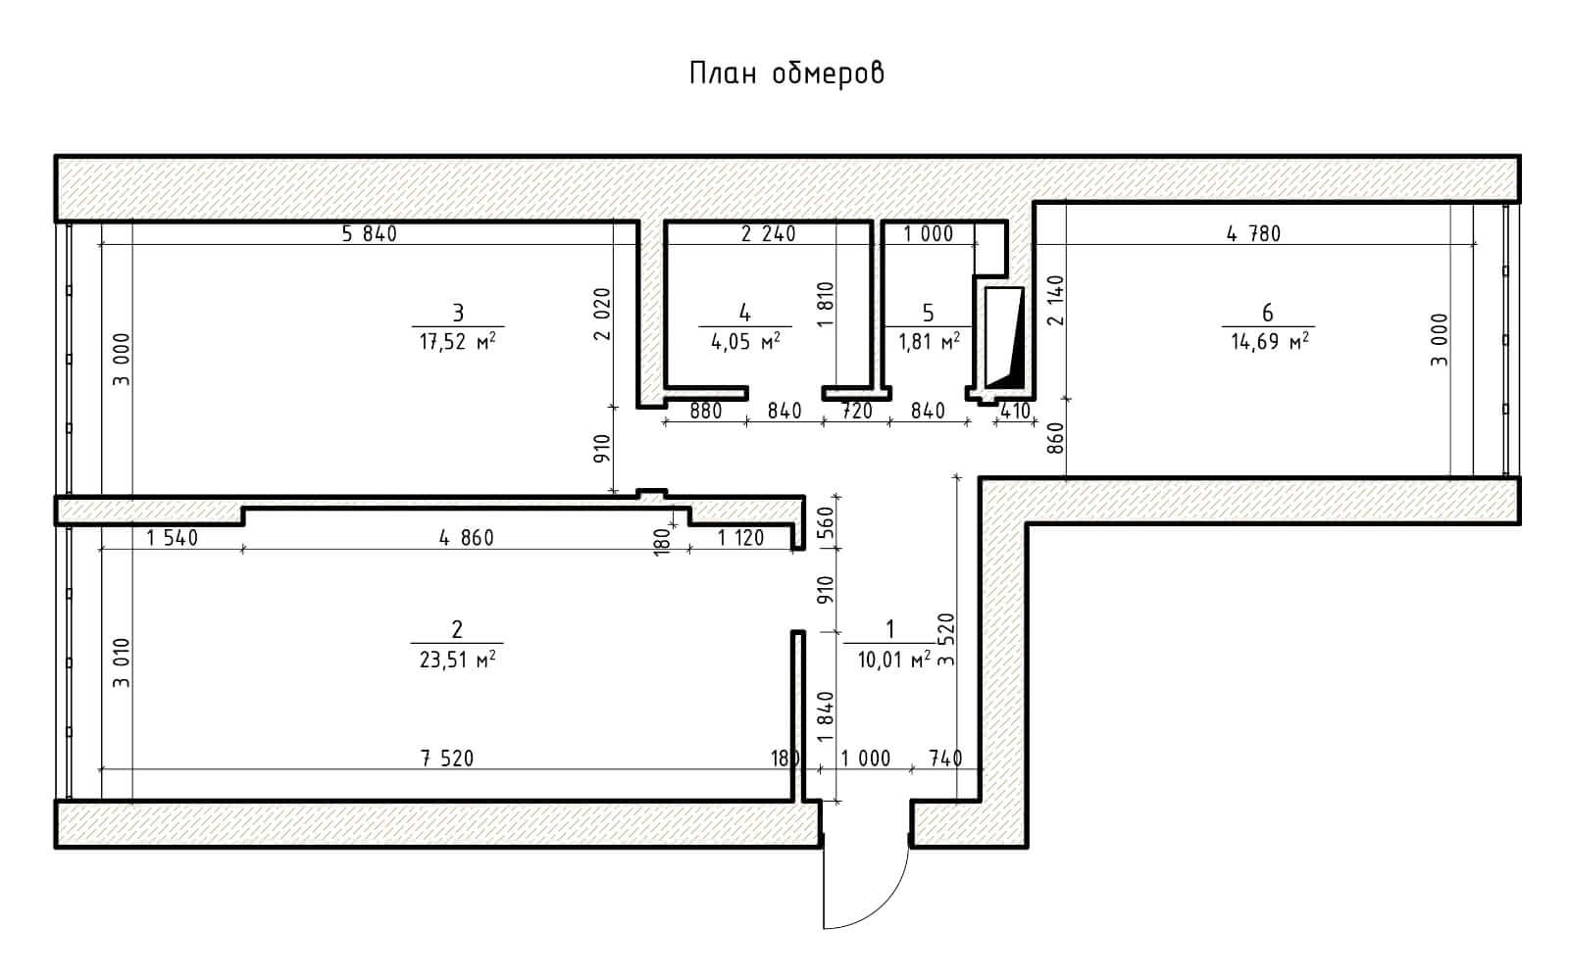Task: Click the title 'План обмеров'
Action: (x=786, y=73)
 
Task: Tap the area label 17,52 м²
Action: (x=457, y=342)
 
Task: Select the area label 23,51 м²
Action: (x=457, y=660)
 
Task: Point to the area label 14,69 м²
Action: (x=1270, y=342)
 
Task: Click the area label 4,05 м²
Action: (x=745, y=342)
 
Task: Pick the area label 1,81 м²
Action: (x=930, y=342)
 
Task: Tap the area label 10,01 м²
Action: (x=893, y=660)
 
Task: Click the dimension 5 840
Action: (x=369, y=234)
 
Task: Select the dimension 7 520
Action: (x=447, y=758)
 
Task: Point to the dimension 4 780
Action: (x=1253, y=234)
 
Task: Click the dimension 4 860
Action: (x=467, y=538)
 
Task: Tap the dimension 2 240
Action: (x=769, y=234)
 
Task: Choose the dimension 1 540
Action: (x=173, y=538)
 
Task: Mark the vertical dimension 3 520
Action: (x=945, y=639)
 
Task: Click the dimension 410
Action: (x=1015, y=411)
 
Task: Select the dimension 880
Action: (x=705, y=411)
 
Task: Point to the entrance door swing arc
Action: (x=884, y=905)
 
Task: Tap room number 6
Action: (x=1267, y=313)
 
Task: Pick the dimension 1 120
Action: (x=740, y=538)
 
